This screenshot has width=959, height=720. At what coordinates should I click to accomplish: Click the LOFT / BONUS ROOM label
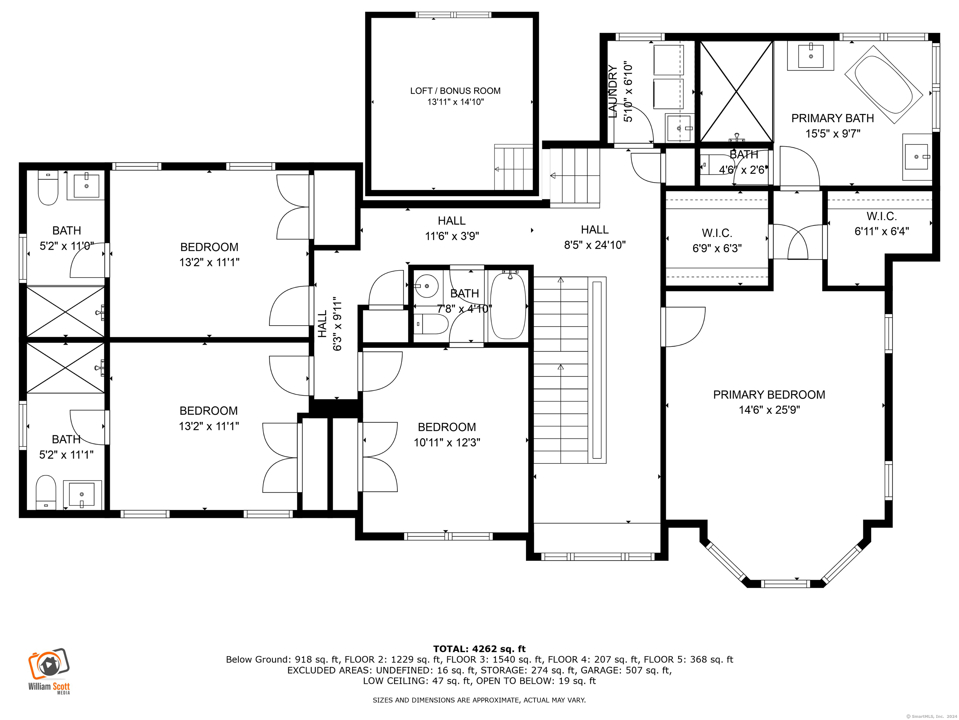pos(455,91)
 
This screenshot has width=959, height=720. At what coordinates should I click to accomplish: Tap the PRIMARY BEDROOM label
pos(769,394)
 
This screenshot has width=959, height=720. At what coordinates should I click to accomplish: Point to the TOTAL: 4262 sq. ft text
pos(479,649)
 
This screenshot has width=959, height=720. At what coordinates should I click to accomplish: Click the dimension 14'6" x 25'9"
pos(769,410)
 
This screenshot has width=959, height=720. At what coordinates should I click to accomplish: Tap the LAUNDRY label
pos(612,92)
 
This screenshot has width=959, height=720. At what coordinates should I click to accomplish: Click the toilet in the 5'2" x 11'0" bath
pos(48,187)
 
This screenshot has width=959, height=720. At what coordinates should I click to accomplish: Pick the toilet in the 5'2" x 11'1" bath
pos(46,492)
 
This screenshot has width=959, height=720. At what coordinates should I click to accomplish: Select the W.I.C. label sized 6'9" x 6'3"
pos(717,233)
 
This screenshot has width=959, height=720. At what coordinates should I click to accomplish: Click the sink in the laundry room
pos(679,128)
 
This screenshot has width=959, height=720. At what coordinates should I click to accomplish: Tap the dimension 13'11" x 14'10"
pos(455,102)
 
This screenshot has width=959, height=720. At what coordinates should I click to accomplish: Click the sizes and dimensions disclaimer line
pos(479,700)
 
